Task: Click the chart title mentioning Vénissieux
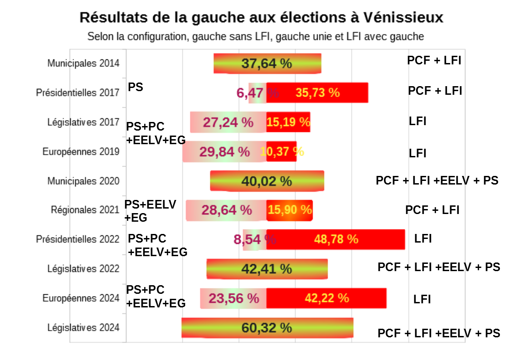tap(261, 17)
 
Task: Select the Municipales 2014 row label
tap(83, 63)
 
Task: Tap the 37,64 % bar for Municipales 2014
tap(267, 63)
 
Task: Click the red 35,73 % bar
tap(317, 92)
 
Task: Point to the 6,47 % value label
tap(257, 93)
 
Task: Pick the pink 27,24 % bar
tap(228, 122)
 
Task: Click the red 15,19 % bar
tap(288, 122)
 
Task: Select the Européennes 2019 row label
tap(81, 151)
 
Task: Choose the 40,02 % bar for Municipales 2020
tap(267, 181)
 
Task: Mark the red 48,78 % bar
tap(335, 239)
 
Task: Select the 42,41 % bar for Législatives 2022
tap(267, 269)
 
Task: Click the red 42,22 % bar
tap(326, 298)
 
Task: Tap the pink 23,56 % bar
tap(233, 298)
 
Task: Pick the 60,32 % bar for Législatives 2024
tap(267, 327)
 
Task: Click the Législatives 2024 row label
tap(83, 327)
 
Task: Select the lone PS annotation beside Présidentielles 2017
tap(136, 87)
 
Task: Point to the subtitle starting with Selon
tap(256, 36)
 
